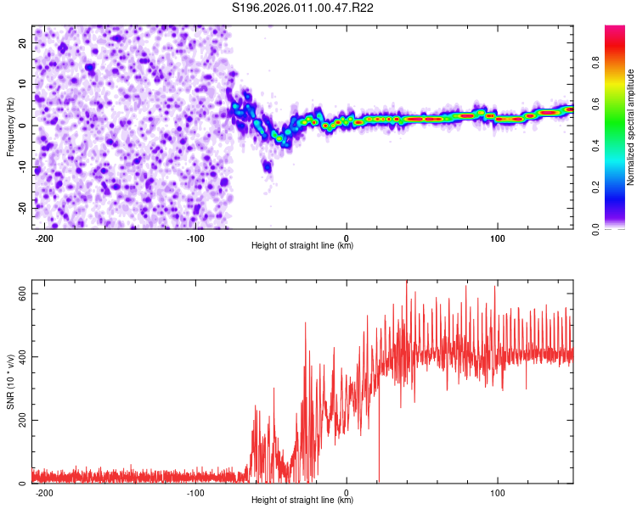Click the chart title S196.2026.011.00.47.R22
[303, 8]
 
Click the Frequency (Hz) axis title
[10, 126]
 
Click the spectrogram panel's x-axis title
[302, 246]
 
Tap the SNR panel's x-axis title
[302, 501]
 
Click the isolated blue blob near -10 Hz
[267, 165]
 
